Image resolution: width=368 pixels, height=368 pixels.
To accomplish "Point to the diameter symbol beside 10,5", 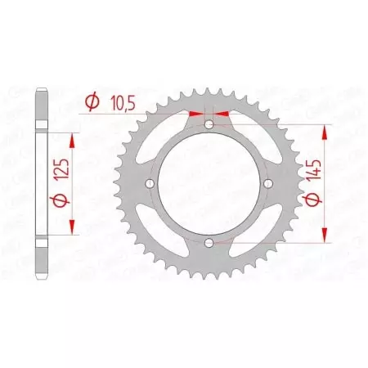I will pyautogui.click(x=92, y=102).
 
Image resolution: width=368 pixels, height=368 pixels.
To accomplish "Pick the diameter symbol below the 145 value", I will pyautogui.click(x=316, y=201).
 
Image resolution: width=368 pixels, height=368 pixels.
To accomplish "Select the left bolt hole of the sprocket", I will pyautogui.click(x=149, y=184).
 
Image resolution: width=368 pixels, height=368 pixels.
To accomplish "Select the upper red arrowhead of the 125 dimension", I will pyautogui.click(x=74, y=140).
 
